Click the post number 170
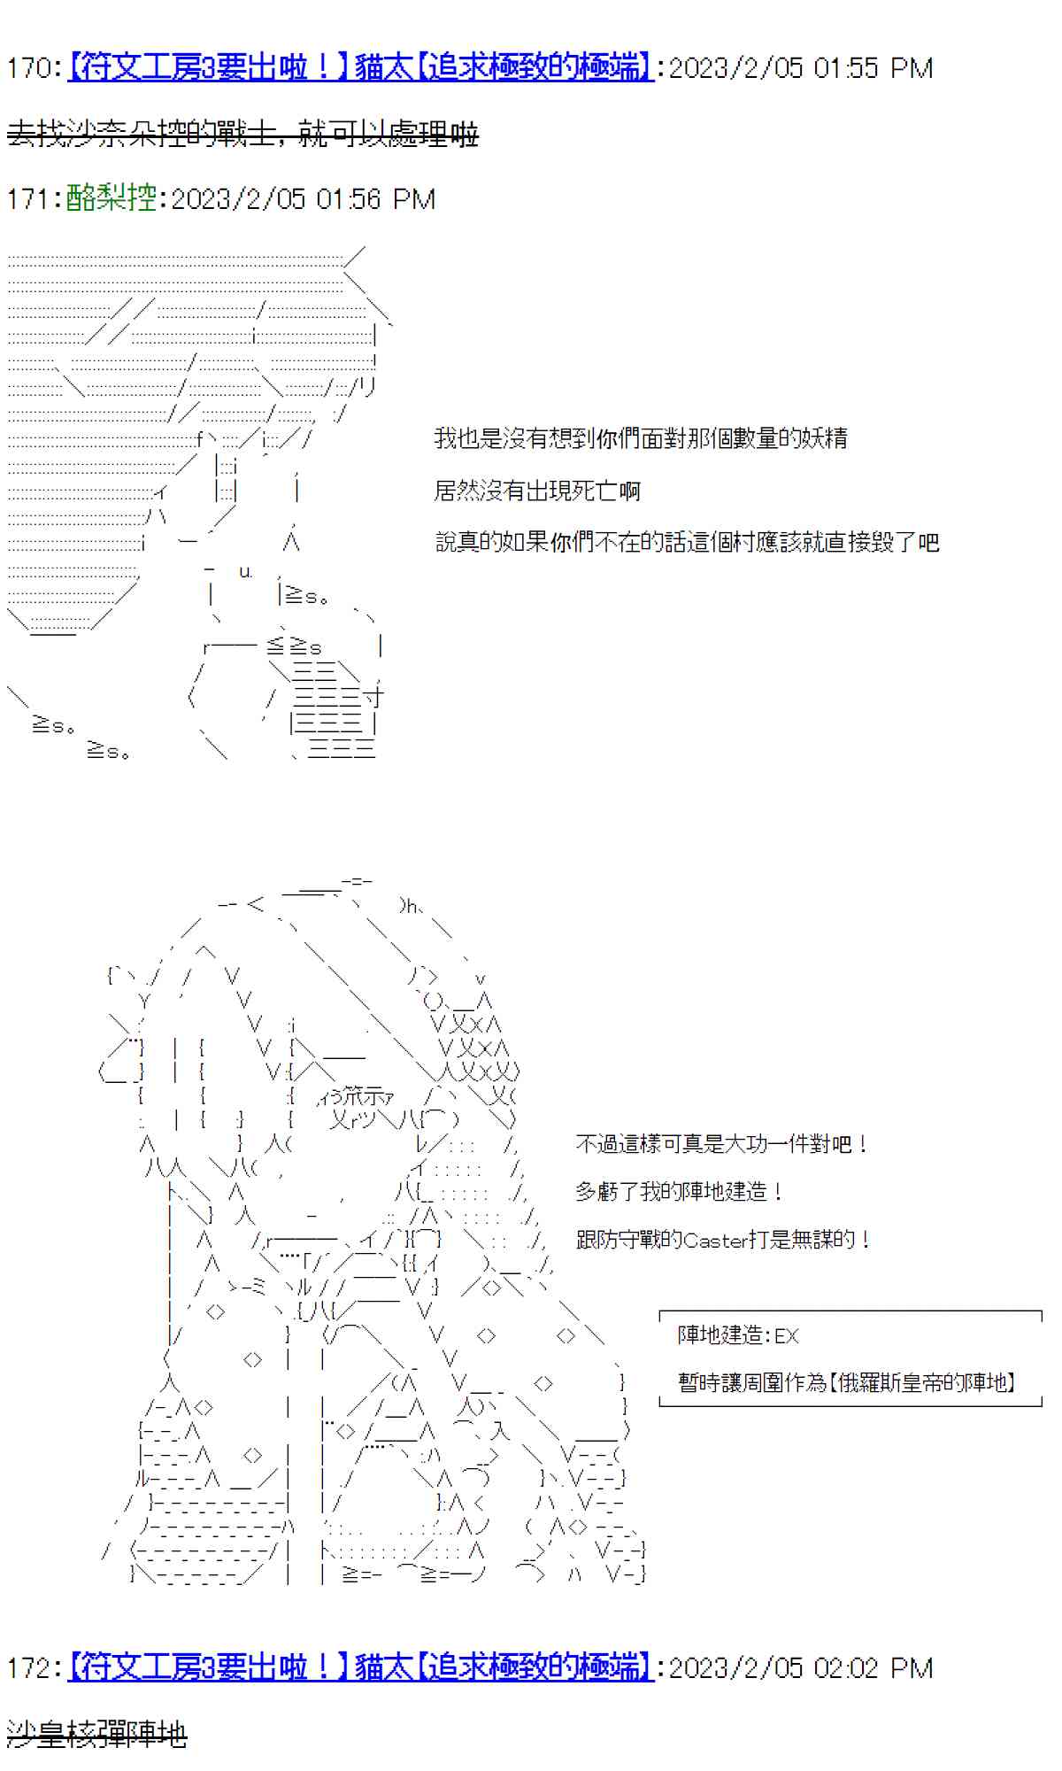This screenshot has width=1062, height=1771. click(31, 68)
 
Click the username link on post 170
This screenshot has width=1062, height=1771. click(360, 68)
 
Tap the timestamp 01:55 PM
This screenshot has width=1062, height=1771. click(873, 68)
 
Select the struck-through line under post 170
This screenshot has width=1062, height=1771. click(242, 135)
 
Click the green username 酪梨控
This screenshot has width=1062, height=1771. click(111, 197)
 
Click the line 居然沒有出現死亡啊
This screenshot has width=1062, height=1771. click(536, 491)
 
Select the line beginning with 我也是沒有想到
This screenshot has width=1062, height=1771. click(640, 437)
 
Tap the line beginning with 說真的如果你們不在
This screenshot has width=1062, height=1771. click(686, 542)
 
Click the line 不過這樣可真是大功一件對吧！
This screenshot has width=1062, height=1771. click(721, 1144)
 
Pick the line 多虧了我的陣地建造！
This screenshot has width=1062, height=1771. click(679, 1192)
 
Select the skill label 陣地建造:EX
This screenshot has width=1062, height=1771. click(737, 1335)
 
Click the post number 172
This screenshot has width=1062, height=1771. click(31, 1668)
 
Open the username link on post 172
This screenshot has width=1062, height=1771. click(360, 1668)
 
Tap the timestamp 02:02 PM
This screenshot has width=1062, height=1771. click(873, 1668)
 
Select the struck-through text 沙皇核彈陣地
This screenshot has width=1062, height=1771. click(96, 1733)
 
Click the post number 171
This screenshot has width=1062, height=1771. click(31, 198)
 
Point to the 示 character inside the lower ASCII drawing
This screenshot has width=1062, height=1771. click(371, 1096)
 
